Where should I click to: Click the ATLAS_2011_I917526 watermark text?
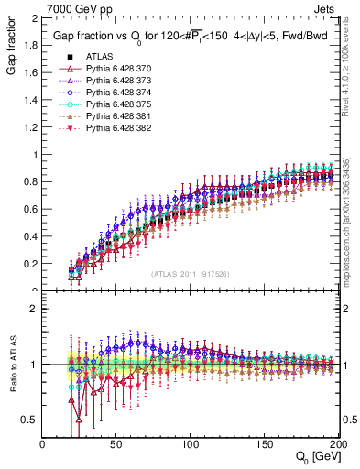190,274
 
